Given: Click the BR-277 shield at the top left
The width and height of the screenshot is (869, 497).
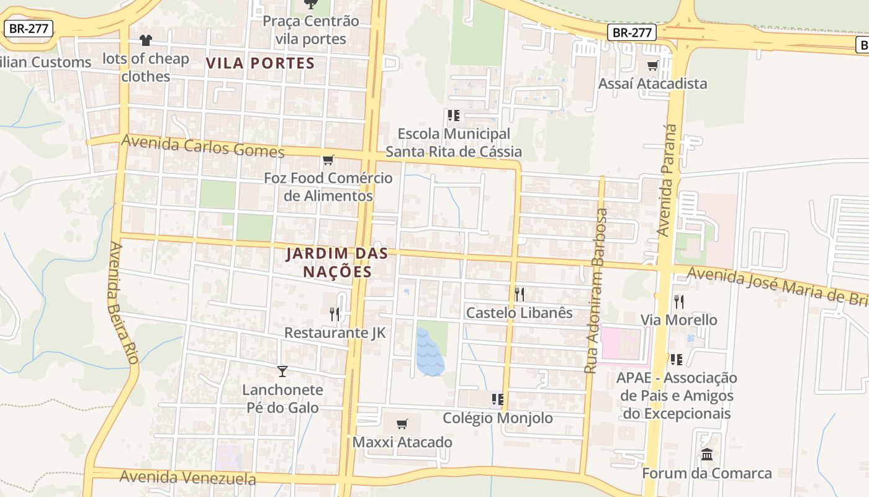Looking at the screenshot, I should coord(29,28).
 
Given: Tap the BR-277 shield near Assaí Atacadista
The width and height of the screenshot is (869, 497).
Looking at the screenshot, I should coord(632,32).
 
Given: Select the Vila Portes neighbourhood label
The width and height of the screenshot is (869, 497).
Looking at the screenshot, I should coord(261,63).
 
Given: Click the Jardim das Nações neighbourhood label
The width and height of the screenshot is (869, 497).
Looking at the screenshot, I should coord(337,262).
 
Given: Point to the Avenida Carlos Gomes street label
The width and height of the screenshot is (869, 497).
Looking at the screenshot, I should coord(203,146).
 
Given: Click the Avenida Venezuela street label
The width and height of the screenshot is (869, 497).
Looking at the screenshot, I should coord(187,477).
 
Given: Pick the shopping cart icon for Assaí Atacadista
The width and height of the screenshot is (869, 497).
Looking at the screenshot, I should coord(652,66).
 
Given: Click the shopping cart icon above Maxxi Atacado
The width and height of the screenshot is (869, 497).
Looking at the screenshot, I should coord(402,424).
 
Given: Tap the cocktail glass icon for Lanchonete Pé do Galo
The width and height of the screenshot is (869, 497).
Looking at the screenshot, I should coord(282,372).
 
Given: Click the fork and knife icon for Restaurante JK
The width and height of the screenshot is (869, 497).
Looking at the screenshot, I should coord(335,314).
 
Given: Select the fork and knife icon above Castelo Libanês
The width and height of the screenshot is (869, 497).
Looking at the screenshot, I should coord(519,294).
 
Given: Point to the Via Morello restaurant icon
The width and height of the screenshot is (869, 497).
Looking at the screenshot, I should coord(679,302).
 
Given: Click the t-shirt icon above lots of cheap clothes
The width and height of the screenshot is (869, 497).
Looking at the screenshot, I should coord(146,40).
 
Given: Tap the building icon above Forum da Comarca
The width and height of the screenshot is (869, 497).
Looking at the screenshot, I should coord(706,455).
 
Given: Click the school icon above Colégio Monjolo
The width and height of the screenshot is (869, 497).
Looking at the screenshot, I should coord(497,399).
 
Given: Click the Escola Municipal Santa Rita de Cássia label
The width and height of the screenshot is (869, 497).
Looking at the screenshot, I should coord(454,142).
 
